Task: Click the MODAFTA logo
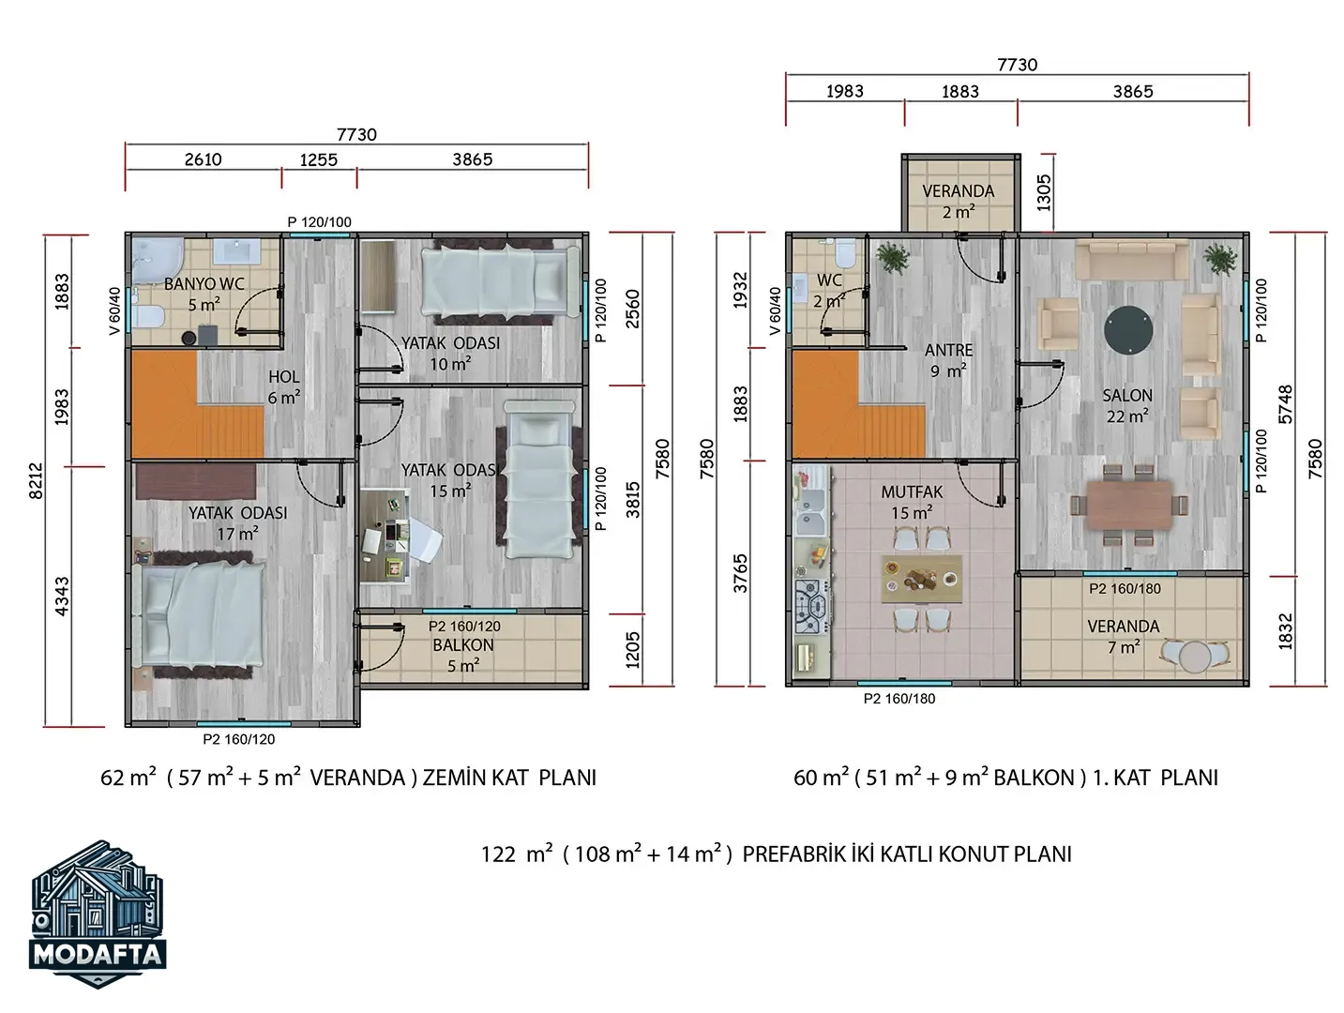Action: point(98,914)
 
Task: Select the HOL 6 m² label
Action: point(284,386)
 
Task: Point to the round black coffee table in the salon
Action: point(1128,330)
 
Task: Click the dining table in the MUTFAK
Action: point(921,579)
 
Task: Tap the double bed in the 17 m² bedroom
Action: point(198,614)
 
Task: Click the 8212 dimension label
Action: point(37,480)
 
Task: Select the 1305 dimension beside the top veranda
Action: point(1044,193)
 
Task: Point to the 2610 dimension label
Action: point(203,159)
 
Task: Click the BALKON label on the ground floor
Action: point(463,645)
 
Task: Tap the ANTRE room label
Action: point(948,350)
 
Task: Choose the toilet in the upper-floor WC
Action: point(846,253)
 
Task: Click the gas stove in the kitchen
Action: point(811,606)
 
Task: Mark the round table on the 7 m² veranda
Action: point(1196,657)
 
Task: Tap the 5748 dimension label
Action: point(1285,404)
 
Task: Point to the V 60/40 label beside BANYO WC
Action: point(114,311)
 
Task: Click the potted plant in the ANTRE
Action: point(893,258)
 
